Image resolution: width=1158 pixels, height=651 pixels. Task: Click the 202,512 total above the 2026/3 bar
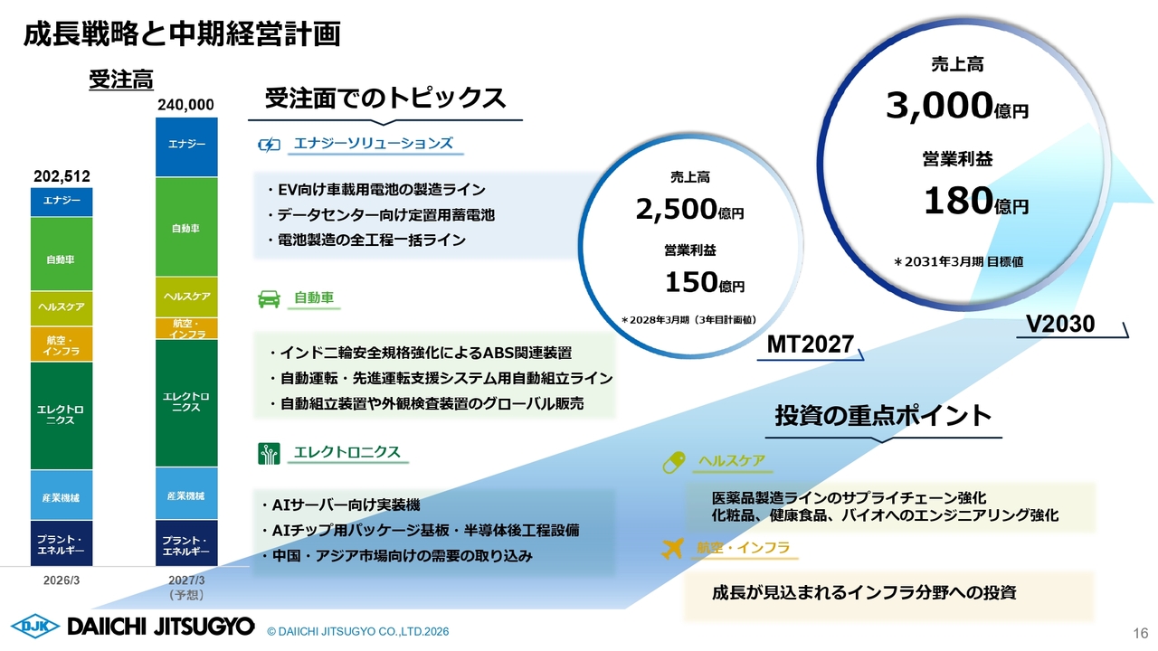tap(62, 176)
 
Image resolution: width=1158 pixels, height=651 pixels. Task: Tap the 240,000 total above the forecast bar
tap(185, 105)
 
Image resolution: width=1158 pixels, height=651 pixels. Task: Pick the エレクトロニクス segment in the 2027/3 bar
tap(186, 403)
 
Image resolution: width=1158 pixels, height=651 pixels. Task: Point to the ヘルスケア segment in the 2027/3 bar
tap(186, 297)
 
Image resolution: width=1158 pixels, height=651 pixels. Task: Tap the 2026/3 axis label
tap(62, 580)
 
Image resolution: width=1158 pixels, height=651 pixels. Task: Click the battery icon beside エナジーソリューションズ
tap(269, 145)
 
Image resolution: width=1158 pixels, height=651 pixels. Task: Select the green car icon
tap(269, 299)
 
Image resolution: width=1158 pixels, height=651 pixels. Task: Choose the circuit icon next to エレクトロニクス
tap(269, 454)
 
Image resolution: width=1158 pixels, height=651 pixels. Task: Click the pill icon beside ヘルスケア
tap(674, 462)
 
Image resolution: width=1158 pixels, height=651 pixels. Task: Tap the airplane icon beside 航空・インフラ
tap(672, 549)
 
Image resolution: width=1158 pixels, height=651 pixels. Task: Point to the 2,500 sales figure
tap(676, 209)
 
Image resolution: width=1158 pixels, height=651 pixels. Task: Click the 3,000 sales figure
tap(939, 106)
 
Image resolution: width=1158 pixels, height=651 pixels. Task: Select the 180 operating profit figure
tap(958, 201)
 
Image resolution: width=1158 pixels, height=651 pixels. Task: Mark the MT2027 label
tap(810, 344)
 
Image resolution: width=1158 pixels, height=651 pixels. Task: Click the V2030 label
tap(1060, 324)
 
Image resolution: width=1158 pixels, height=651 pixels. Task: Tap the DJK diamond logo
tap(35, 627)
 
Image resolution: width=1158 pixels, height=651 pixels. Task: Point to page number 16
tap(1141, 633)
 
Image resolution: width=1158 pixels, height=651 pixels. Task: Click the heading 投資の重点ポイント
tap(883, 416)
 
